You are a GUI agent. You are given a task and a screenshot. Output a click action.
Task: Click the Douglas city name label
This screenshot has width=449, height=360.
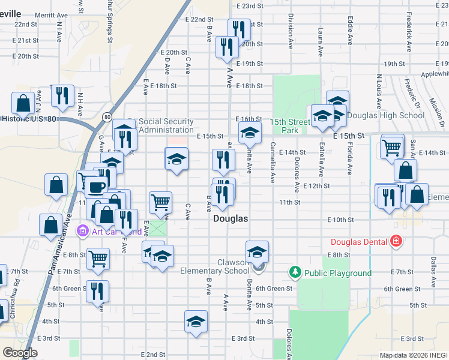pos(231,220)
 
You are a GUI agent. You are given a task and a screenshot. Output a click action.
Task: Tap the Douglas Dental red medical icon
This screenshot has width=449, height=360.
pos(396,242)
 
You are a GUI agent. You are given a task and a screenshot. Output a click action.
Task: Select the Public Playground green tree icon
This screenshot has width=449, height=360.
pos(295,273)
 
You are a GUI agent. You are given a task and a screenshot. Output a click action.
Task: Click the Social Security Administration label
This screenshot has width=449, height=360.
pos(166,125)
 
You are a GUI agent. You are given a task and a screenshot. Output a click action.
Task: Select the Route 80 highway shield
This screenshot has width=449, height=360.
pos(106,116)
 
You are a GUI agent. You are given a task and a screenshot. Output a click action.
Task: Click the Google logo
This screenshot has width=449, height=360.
pos(20,353)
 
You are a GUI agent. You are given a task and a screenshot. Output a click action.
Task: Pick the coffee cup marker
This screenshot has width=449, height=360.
pos(96,187)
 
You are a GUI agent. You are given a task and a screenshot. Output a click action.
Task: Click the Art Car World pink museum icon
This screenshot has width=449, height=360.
pos(82,231)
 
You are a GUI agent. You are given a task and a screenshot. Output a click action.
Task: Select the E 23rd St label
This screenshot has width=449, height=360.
pos(250,6)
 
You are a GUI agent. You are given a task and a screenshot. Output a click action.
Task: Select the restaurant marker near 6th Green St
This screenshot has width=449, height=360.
pos(97,291)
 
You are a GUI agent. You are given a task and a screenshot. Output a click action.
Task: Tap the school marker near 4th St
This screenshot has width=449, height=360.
pos(196,322)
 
